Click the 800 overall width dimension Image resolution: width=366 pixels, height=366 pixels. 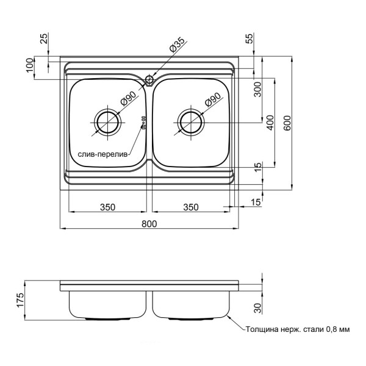149,224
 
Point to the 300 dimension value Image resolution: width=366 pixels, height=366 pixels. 257,91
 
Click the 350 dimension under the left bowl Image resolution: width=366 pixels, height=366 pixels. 107,207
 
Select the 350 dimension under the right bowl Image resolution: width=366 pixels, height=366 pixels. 191,207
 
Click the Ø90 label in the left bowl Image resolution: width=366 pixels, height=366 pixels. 128,99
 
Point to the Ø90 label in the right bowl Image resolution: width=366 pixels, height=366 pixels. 212,99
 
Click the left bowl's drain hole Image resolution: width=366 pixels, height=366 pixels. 107,123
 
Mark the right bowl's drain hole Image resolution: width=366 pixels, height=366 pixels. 192,123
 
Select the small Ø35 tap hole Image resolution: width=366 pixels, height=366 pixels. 149,79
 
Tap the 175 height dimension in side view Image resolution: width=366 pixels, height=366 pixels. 20,300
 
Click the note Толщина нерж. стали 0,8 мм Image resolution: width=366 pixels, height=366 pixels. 297,329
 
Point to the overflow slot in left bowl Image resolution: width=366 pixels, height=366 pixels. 144,123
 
